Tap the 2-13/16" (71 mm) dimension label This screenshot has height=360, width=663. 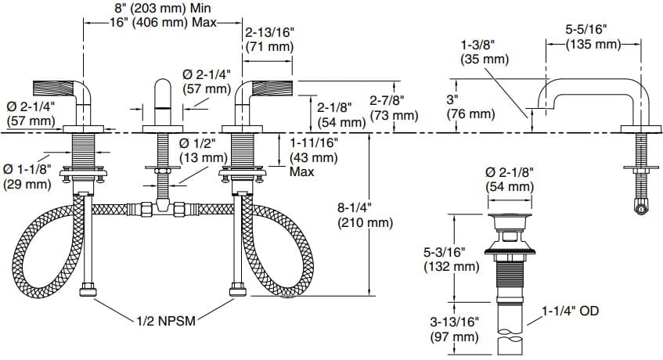pyautogui.click(x=269, y=40)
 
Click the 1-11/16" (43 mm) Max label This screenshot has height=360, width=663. pyautogui.click(x=314, y=157)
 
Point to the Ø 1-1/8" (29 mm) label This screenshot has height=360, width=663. pyautogui.click(x=28, y=176)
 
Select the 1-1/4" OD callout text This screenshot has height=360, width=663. pyautogui.click(x=569, y=311)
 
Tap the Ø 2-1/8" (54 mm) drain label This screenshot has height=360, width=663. pyautogui.click(x=509, y=179)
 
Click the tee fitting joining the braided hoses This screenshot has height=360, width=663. pyautogui.click(x=164, y=208)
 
